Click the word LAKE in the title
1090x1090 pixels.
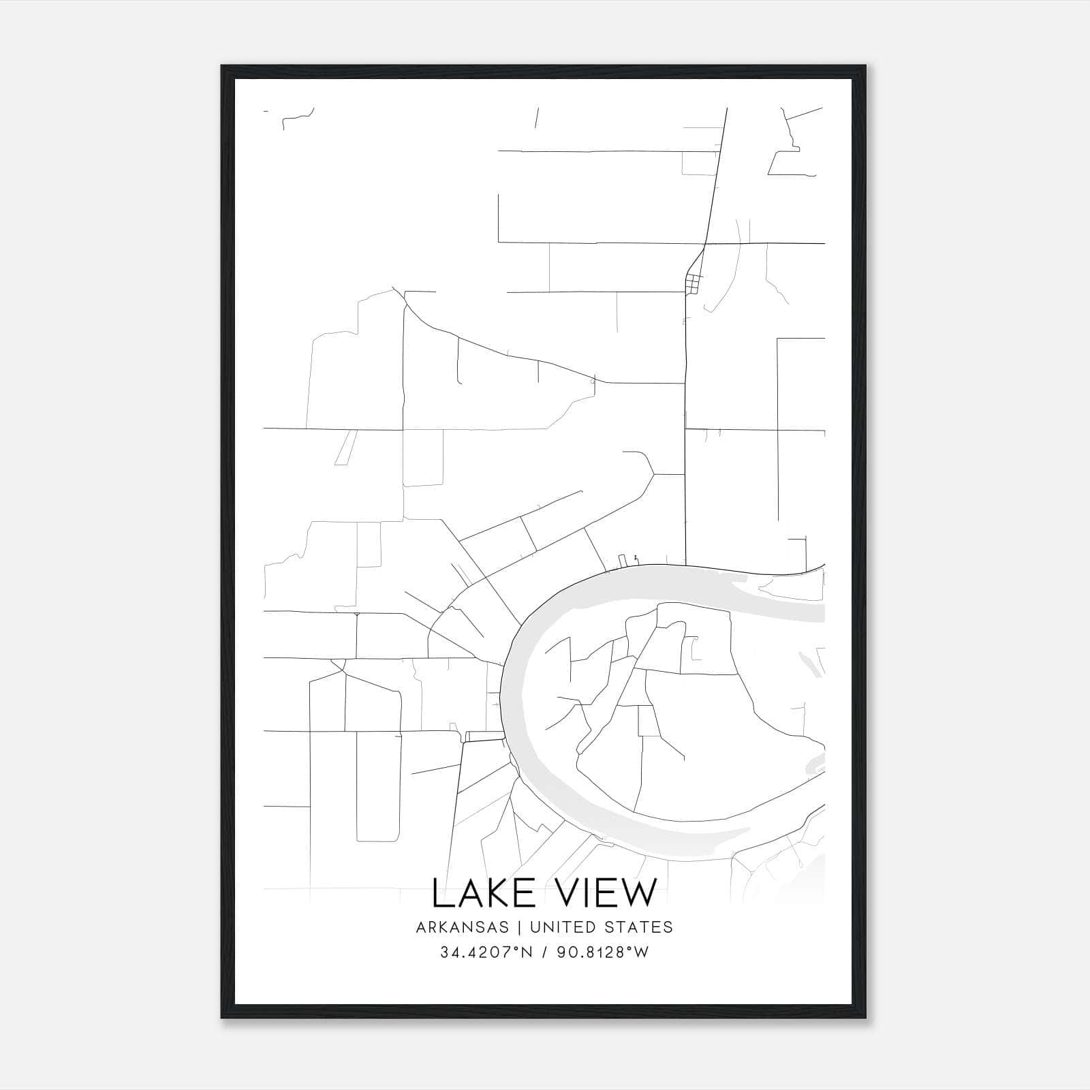click(x=480, y=893)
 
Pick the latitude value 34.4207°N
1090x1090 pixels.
click(x=484, y=952)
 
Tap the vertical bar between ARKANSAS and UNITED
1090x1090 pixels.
click(x=519, y=927)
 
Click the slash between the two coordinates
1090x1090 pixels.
click(x=544, y=952)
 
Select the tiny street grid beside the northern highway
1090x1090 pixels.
click(x=693, y=282)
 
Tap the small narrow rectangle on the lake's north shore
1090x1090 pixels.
click(x=621, y=561)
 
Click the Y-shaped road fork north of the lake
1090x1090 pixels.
click(x=653, y=473)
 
